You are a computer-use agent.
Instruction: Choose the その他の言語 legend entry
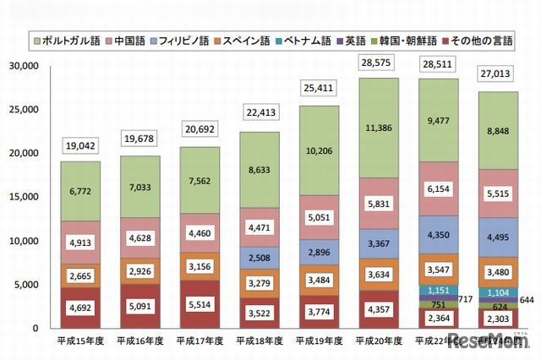pyautogui.click(x=495, y=41)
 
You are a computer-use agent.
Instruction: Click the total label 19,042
pyautogui.click(x=80, y=144)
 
